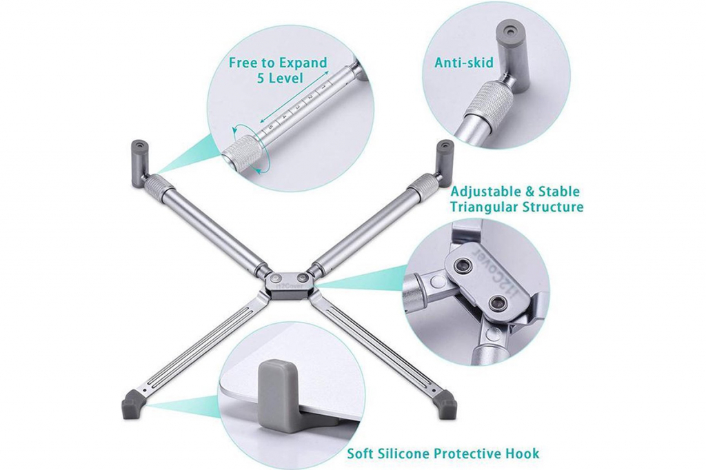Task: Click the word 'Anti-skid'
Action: [463, 62]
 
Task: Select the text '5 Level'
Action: [280, 77]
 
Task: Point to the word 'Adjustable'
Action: [486, 191]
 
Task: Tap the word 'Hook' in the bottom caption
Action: [521, 453]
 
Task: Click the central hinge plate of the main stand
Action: [291, 283]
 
